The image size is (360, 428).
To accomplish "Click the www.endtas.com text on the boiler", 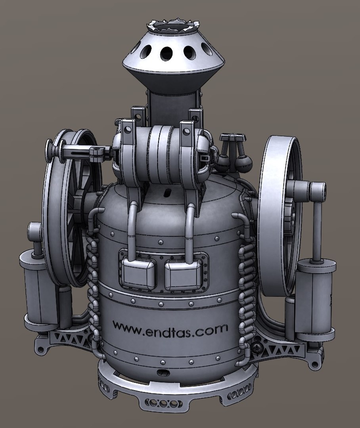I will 170,329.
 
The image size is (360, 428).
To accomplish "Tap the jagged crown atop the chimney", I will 172,25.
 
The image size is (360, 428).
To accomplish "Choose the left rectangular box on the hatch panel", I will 137,273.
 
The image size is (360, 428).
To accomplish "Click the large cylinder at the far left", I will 38,289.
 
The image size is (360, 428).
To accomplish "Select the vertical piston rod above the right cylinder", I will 318,230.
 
